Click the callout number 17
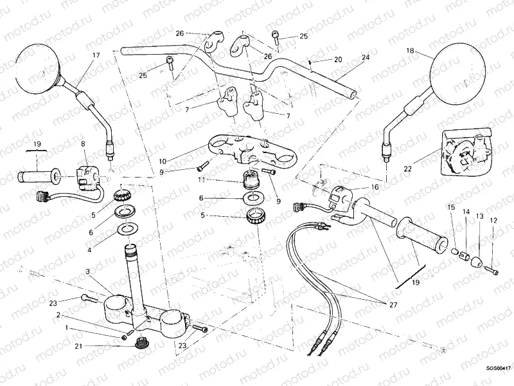[96, 55]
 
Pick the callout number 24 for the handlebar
[366, 58]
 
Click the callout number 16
[375, 187]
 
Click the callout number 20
[338, 60]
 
